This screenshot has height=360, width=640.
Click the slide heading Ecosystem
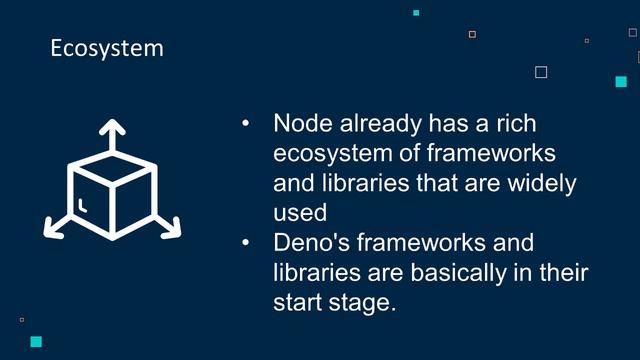(x=107, y=48)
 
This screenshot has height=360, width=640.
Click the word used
(x=299, y=213)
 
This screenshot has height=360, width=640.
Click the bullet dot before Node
(x=246, y=125)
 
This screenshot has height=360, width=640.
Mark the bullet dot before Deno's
(x=246, y=243)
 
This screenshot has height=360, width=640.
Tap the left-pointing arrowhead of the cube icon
(x=51, y=229)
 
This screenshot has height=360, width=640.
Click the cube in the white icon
(x=112, y=196)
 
